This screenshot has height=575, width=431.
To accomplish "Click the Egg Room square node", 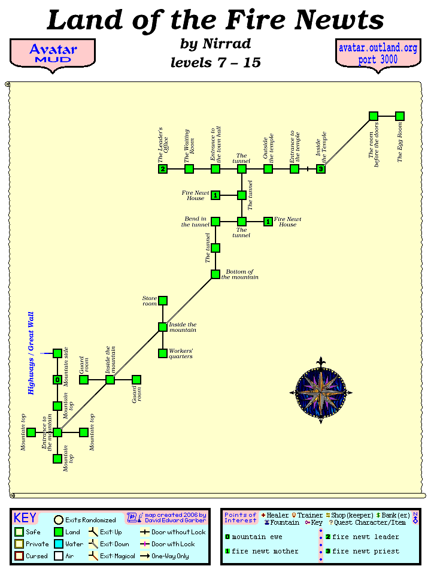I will (x=400, y=116).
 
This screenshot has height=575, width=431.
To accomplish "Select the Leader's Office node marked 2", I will (x=163, y=169).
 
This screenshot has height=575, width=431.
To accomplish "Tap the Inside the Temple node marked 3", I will (x=321, y=169).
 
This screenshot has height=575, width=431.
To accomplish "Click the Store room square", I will (x=163, y=301).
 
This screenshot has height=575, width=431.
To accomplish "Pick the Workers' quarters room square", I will (x=163, y=353).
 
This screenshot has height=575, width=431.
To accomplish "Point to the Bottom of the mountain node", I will (x=215, y=274).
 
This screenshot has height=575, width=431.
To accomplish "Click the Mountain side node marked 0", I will (x=57, y=380).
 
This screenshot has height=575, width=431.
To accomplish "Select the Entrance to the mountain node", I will (x=57, y=432).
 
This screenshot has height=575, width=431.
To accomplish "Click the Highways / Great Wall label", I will (x=31, y=353).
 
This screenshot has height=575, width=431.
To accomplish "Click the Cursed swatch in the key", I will (x=19, y=555).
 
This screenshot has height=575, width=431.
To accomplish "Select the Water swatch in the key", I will (x=58, y=544).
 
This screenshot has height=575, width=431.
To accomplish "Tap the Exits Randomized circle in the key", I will (x=59, y=520).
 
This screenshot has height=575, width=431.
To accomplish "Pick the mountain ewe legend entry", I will (x=254, y=537).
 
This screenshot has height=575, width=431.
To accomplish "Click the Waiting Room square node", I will (x=189, y=169).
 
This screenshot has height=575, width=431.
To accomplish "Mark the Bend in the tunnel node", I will (x=215, y=222).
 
